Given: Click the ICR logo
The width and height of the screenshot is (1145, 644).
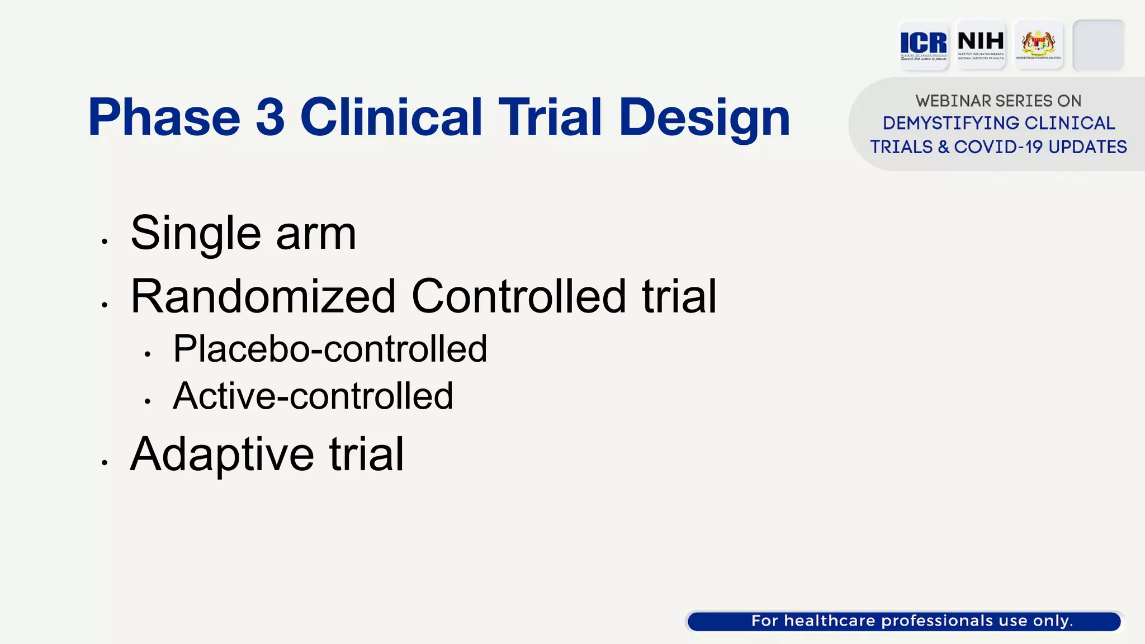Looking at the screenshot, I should click(x=923, y=45).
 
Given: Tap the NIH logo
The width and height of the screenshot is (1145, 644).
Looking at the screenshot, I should click(x=981, y=45).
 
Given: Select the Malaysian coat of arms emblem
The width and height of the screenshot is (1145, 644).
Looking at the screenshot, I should click(x=1038, y=45).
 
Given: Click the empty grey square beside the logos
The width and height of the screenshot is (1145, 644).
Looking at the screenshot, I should click(x=1098, y=45).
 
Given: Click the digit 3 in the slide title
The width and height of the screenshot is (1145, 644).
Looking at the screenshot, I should click(x=270, y=117).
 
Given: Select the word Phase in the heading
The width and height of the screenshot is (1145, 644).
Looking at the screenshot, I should click(x=164, y=117).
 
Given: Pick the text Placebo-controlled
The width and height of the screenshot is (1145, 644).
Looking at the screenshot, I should click(x=330, y=349).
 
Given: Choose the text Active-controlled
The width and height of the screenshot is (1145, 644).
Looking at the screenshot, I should click(x=313, y=396).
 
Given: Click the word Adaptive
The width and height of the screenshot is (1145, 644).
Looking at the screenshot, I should click(x=222, y=455).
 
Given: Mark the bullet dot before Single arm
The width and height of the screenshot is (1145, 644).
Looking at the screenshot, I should click(x=105, y=241).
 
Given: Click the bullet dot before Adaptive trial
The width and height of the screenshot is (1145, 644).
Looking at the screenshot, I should click(x=105, y=462).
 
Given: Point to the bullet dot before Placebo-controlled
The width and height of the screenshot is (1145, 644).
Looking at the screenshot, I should click(x=148, y=354).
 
